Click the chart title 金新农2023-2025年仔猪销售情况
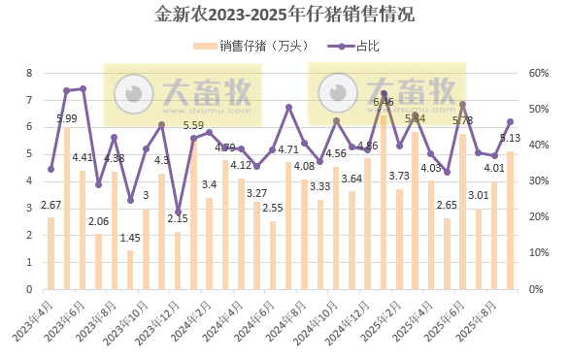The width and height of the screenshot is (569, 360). (x=284, y=15)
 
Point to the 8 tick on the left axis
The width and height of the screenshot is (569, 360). (x=29, y=73)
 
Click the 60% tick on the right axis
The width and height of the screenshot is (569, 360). (x=536, y=73)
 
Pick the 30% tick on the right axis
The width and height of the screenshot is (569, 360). (x=536, y=180)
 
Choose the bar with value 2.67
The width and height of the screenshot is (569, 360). (x=51, y=252)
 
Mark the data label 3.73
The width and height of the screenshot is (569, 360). (x=399, y=176)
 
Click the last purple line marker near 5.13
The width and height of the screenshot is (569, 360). (x=511, y=121)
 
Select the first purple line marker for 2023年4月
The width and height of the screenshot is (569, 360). (x=51, y=169)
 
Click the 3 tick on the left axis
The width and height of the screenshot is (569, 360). (x=29, y=208)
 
